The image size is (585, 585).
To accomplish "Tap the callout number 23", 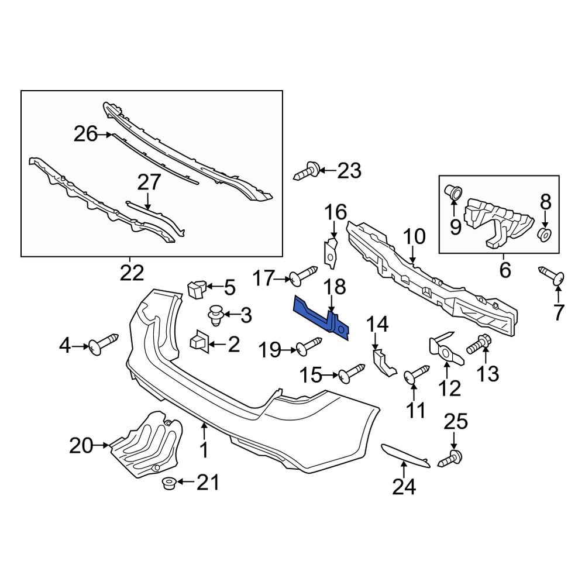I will (349, 171).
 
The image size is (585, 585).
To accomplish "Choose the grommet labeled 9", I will (455, 191).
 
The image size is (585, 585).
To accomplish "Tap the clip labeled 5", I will (196, 288).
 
